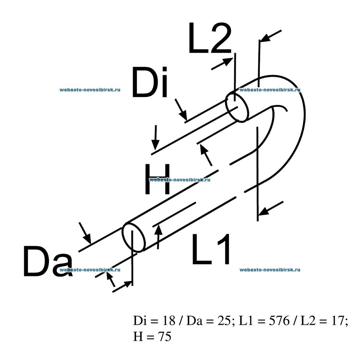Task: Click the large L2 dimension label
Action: (x=210, y=38)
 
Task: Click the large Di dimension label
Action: (x=150, y=82)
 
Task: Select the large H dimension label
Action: (x=158, y=179)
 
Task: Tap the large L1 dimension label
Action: (x=211, y=249)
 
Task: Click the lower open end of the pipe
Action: (x=134, y=237)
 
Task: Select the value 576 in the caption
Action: (x=279, y=320)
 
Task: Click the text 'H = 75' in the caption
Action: (x=152, y=336)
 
